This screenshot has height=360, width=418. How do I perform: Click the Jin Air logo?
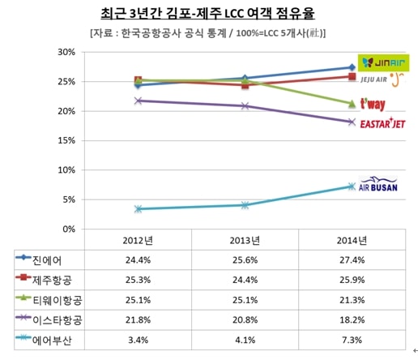tap(383, 63)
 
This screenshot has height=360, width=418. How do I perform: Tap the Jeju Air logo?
tap(382, 79)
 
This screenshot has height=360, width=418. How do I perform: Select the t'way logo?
tap(373, 104)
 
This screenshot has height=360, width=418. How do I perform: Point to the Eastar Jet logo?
tap(382, 123)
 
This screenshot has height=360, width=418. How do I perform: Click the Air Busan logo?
tap(378, 184)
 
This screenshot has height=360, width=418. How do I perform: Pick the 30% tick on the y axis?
tap(66, 52)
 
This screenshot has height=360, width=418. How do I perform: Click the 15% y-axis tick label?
tap(66, 141)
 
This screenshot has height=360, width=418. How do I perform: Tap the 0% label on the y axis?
tap(69, 229)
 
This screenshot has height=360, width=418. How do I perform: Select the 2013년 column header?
tap(245, 240)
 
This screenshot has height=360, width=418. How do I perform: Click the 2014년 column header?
tap(352, 240)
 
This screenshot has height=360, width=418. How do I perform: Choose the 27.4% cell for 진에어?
tap(352, 260)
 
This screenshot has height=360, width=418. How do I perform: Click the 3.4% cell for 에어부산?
tap(138, 340)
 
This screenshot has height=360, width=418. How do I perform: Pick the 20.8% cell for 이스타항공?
tap(245, 320)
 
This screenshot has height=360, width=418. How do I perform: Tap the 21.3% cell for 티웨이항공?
tap(352, 300)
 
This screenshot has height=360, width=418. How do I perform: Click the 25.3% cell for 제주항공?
tap(138, 280)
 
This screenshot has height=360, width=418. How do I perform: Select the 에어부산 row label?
tap(52, 341)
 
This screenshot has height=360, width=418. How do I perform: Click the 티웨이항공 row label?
tap(58, 300)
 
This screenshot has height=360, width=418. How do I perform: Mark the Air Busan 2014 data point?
tap(352, 186)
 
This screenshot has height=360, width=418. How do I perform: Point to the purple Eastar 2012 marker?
tap(138, 101)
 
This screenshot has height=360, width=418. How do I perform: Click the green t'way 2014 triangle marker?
tap(352, 104)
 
